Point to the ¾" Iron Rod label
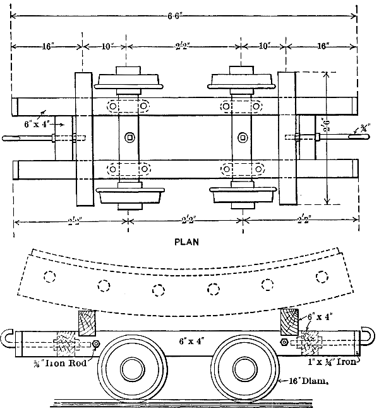click(x=62, y=363)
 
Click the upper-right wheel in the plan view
click(x=241, y=80)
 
